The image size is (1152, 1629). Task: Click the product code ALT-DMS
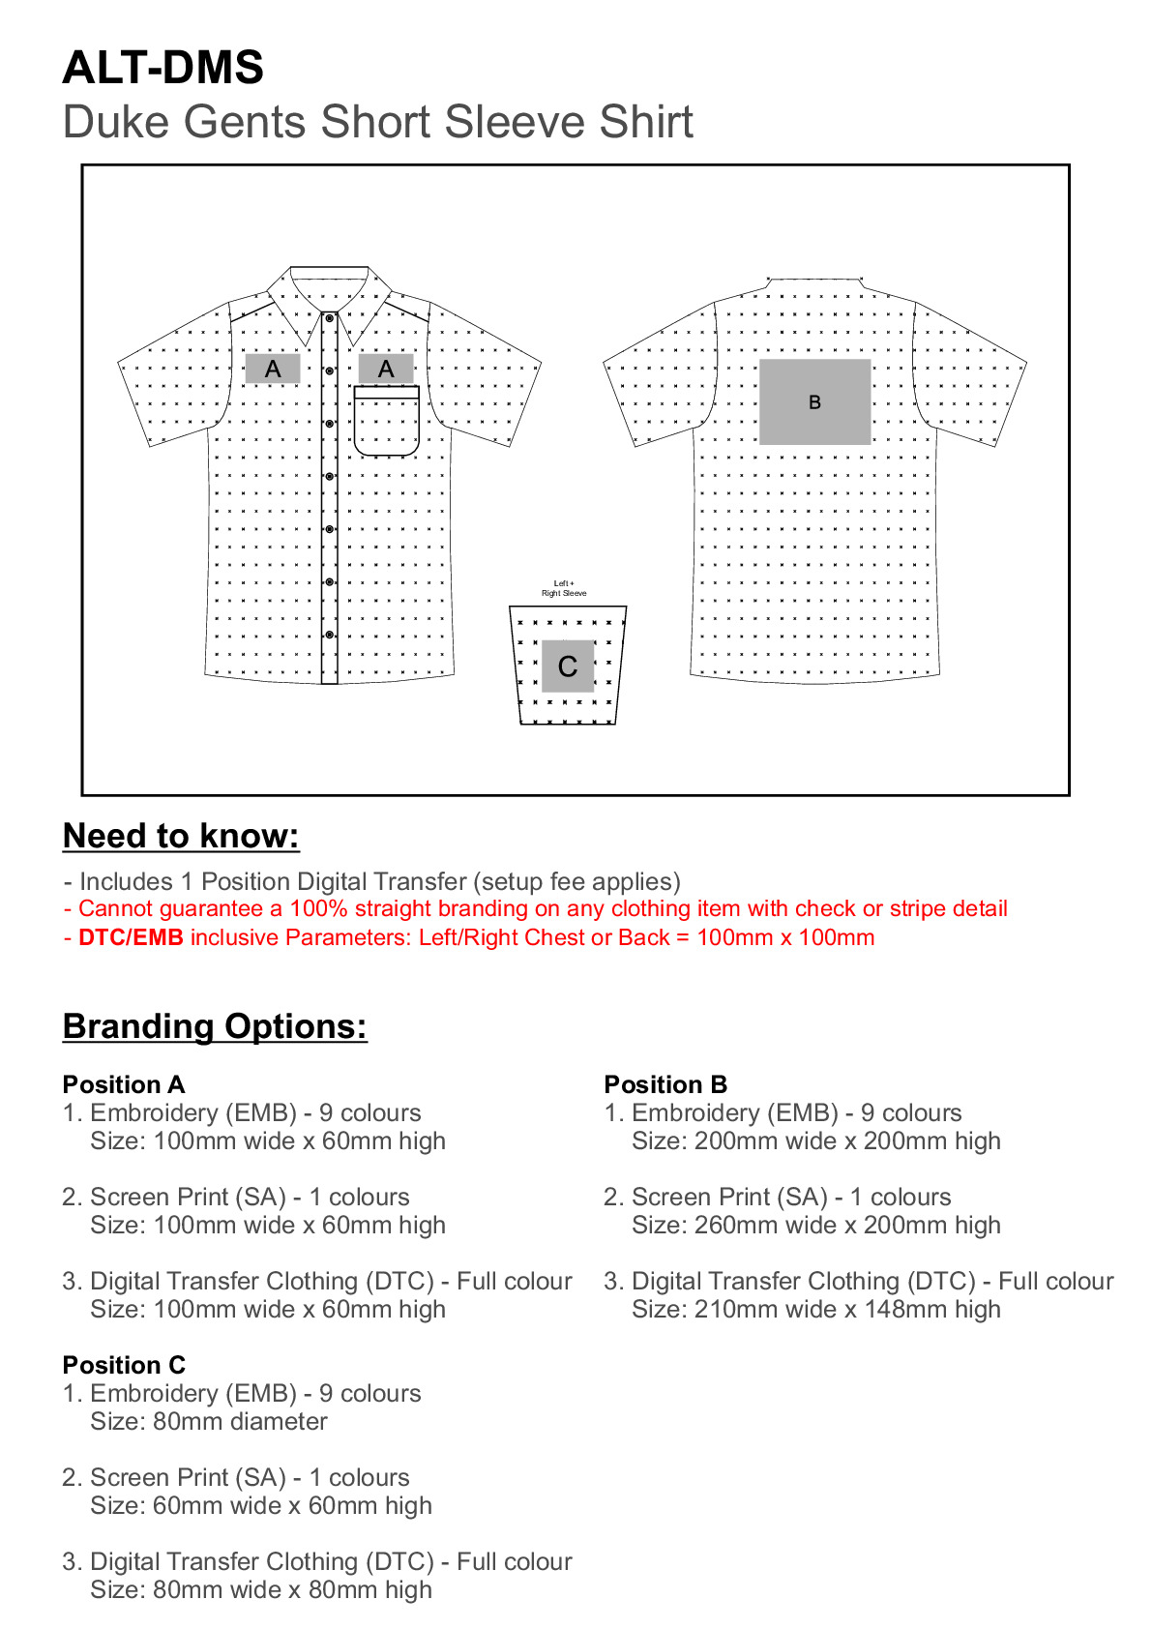162,68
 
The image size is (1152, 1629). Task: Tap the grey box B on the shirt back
814,401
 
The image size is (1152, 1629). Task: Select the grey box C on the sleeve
568,666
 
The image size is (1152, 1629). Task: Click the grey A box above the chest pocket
386,369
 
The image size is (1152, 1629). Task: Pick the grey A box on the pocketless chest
273,369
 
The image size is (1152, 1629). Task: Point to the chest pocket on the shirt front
386,422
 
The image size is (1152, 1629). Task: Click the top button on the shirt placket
330,318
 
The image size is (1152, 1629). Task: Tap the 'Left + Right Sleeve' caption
564,588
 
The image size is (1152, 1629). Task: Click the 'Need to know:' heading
181,836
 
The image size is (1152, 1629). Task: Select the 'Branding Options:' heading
215,1026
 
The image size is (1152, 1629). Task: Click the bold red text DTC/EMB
131,937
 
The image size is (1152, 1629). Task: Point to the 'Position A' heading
124,1084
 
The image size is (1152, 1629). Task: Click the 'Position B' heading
665,1084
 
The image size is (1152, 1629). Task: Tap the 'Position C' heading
124,1365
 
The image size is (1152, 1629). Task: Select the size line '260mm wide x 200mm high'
816,1226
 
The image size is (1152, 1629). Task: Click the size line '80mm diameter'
209,1422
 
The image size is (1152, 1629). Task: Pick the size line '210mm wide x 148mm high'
816,1310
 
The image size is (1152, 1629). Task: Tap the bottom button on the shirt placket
330,635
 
